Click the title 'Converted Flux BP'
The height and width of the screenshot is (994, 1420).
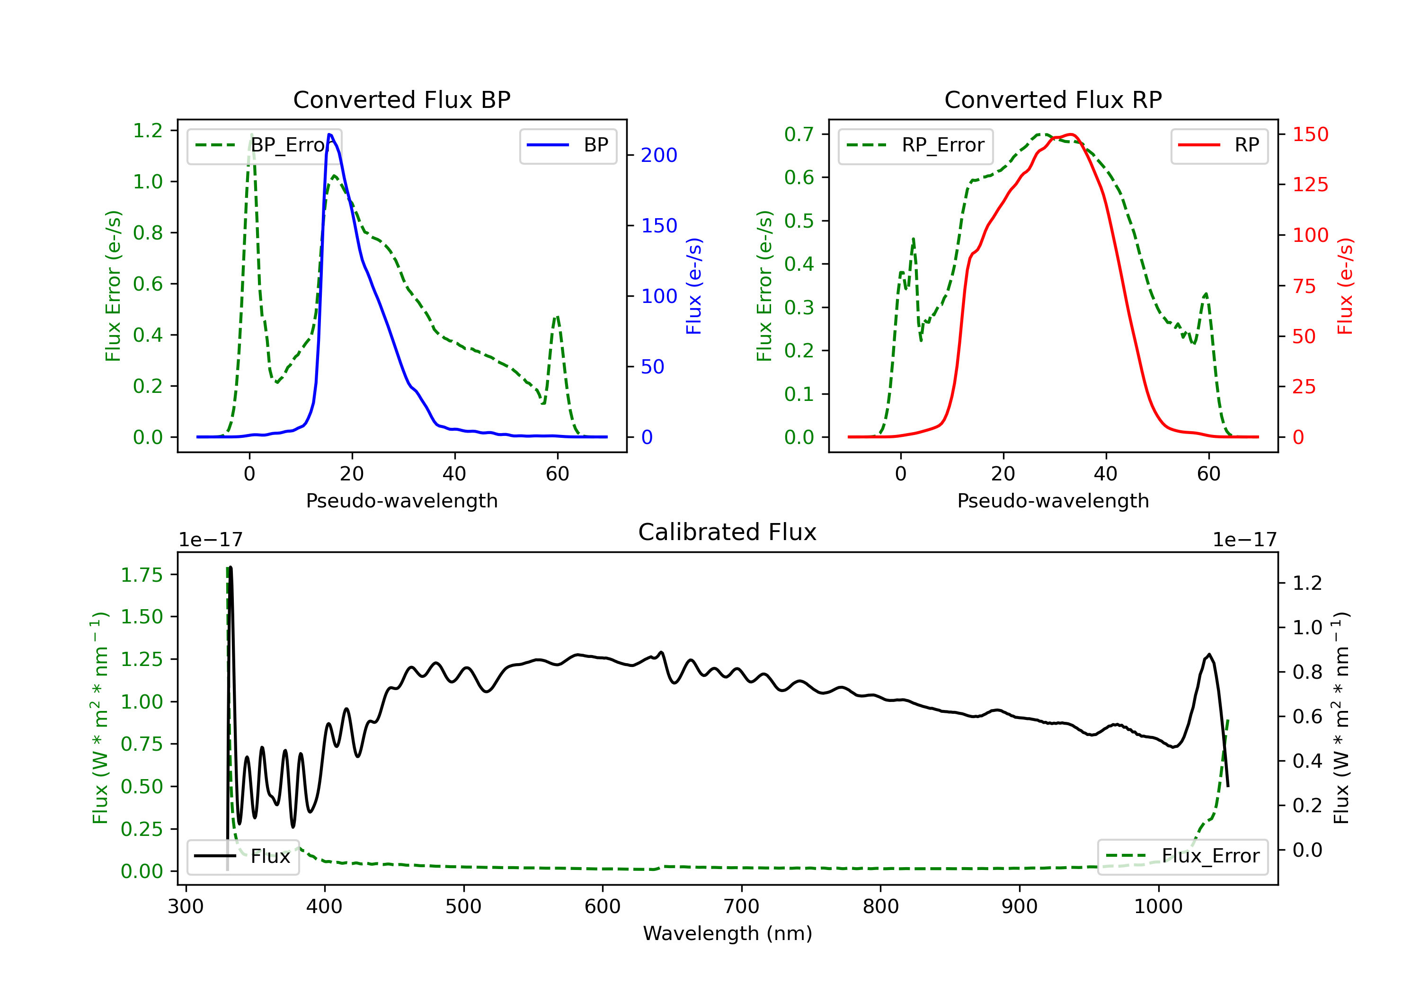coord(401,99)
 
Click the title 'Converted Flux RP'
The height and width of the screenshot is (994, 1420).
coord(1053,99)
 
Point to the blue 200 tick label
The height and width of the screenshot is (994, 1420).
coord(659,155)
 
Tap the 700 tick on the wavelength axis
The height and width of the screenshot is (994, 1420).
coord(741,907)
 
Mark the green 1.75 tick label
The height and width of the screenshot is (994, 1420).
coord(142,575)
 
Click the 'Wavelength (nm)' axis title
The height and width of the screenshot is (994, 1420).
coord(728,933)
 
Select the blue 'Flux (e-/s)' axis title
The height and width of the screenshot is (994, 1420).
coord(694,286)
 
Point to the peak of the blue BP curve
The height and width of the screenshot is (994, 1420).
coord(329,134)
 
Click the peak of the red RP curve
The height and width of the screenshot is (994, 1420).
coord(1071,134)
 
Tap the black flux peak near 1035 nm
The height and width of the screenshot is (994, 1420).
coord(1209,655)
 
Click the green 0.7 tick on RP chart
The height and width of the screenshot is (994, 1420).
coord(799,134)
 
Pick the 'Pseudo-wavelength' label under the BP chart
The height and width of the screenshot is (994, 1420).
coord(401,500)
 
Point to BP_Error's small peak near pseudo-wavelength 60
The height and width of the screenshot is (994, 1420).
coord(557,317)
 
